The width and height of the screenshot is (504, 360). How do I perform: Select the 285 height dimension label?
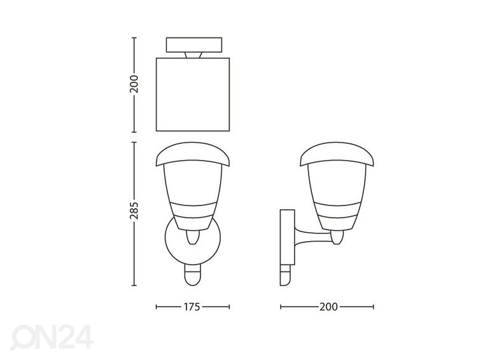(x=134, y=214)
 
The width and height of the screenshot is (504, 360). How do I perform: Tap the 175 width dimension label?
(x=193, y=306)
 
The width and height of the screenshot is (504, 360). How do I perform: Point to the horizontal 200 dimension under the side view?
(x=327, y=306)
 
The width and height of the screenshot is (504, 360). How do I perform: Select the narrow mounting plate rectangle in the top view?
(x=193, y=45)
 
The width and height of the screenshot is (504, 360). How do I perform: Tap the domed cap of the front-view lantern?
(x=193, y=153)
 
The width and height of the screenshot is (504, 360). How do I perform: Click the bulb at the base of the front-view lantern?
(x=193, y=239)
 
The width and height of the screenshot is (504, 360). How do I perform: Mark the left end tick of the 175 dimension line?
(x=157, y=306)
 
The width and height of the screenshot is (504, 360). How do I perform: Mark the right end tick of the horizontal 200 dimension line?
(x=373, y=306)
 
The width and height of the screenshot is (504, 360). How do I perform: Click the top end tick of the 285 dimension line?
(x=134, y=142)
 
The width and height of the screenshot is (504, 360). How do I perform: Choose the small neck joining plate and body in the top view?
(x=193, y=56)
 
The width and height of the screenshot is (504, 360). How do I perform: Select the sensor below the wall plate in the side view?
(x=284, y=277)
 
